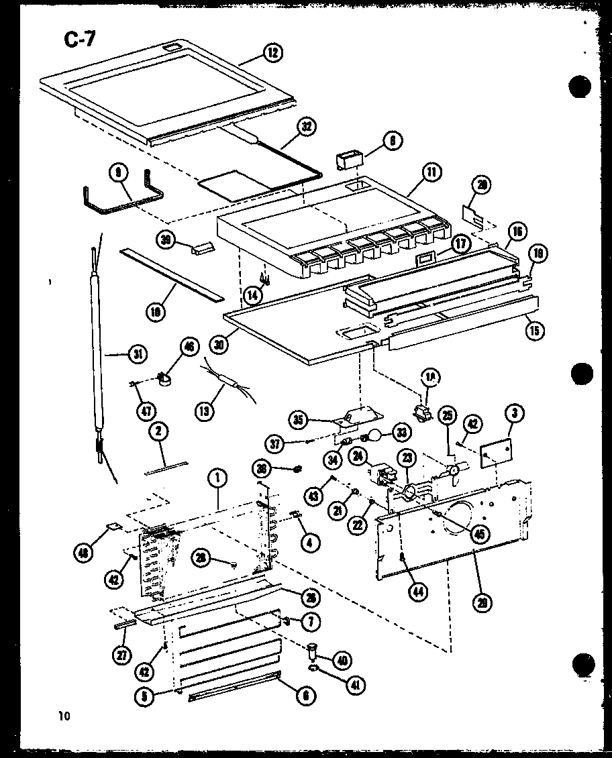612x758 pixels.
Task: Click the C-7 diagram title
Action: (80, 40)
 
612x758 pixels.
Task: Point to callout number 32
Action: (308, 126)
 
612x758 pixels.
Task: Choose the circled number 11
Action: (430, 172)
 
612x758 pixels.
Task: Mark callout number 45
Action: (479, 534)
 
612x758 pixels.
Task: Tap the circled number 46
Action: (189, 347)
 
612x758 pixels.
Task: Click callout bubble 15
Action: (535, 330)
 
